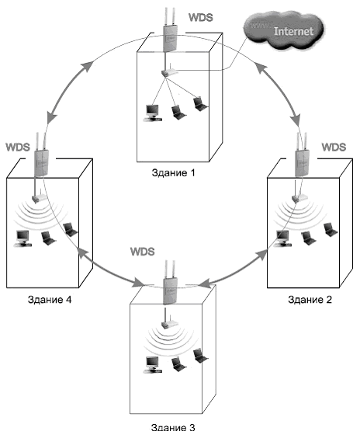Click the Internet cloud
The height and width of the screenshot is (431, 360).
coord(284,30)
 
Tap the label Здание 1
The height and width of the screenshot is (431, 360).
coord(173,172)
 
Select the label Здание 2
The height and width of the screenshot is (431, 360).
coord(310,299)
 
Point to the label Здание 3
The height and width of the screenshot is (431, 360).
coord(173,427)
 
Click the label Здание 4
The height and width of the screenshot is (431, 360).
coord(50,299)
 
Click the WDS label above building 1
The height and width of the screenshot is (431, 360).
coord(201,17)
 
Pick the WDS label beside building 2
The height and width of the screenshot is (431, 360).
coord(334,147)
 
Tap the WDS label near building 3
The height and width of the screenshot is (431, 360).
coord(143,252)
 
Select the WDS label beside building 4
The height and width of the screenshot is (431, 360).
coord(18,147)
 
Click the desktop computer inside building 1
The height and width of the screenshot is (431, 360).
coord(153,113)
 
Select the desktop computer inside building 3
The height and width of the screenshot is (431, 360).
coord(153,365)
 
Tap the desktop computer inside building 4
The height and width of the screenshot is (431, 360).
coord(22,238)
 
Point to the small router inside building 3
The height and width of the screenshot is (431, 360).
coord(169,324)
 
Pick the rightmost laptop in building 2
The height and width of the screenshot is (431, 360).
coord(331,230)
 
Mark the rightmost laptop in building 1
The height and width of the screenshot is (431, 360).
coord(200,103)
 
